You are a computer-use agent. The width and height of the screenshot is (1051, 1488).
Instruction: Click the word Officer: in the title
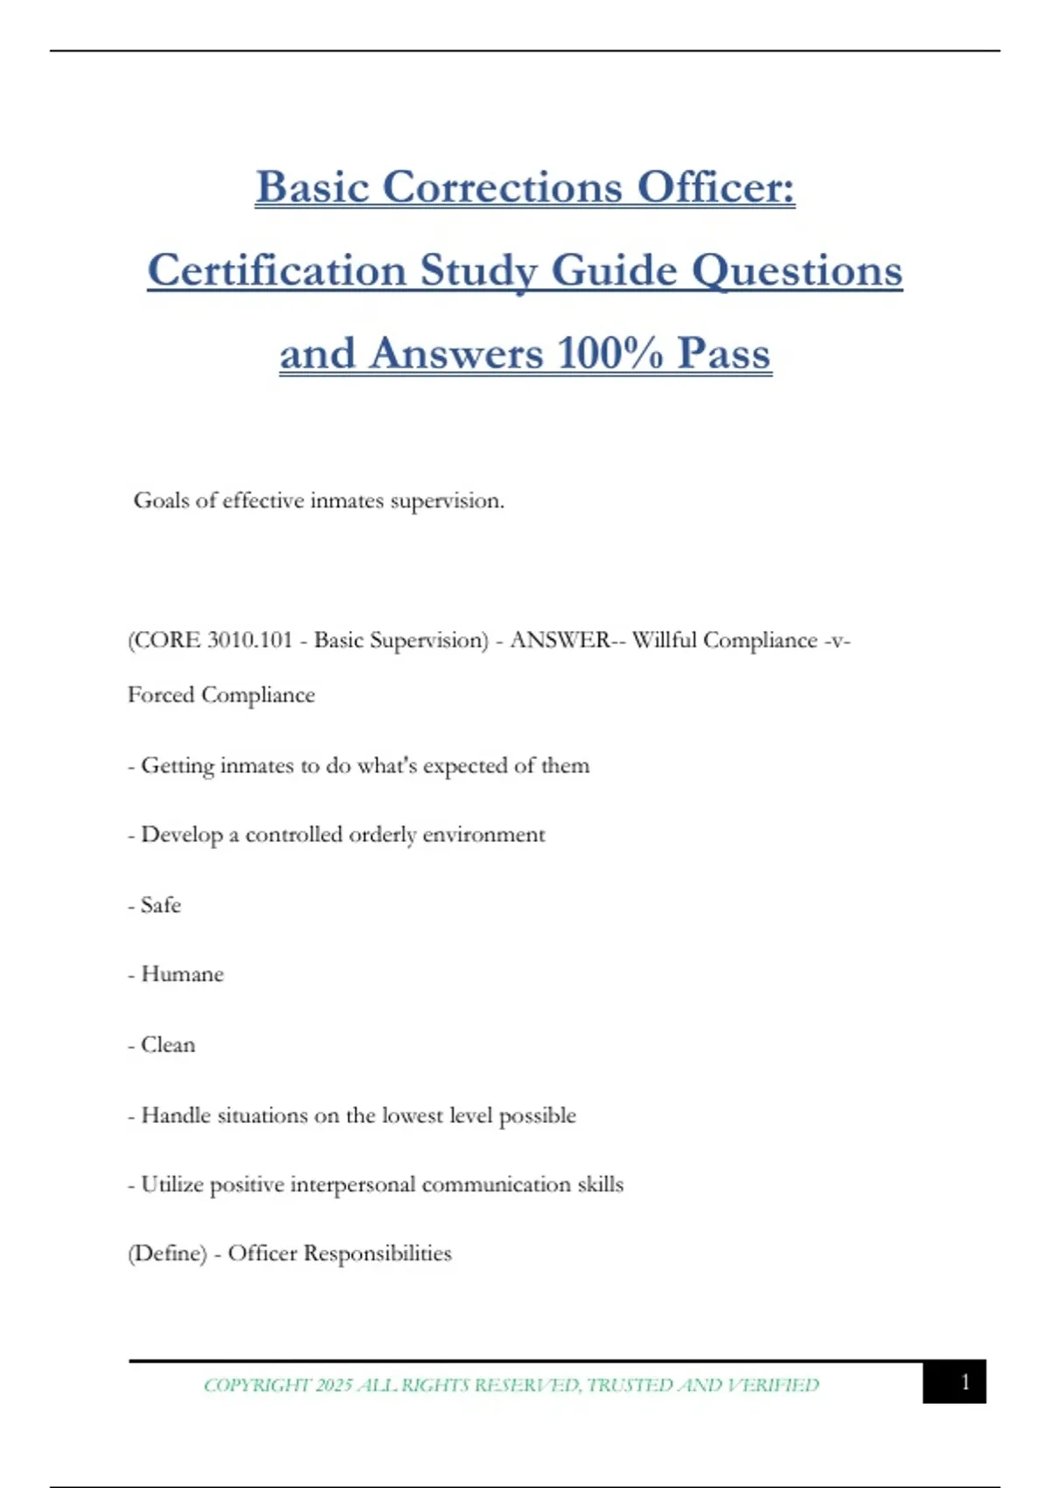(x=716, y=187)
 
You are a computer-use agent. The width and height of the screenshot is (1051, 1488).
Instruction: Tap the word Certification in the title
(x=276, y=270)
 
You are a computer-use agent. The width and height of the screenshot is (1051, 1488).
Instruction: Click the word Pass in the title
(x=723, y=354)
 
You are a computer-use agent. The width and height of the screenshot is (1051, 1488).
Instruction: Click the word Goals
(x=161, y=501)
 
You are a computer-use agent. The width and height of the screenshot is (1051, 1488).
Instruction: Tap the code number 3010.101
(x=250, y=641)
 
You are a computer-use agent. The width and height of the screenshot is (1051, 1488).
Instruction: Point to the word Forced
(x=161, y=695)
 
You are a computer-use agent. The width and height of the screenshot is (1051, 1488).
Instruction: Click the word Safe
(x=161, y=905)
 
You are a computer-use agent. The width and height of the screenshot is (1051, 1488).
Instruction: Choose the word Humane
(x=182, y=974)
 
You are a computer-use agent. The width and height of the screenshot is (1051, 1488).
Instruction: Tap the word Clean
(x=168, y=1045)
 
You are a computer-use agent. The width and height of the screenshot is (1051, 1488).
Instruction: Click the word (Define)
(x=167, y=1253)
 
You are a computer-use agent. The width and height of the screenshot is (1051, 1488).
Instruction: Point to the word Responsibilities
(x=377, y=1253)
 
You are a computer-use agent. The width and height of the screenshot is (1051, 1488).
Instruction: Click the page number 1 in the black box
(x=965, y=1382)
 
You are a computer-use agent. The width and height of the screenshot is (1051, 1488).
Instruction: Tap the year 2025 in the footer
(x=333, y=1385)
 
